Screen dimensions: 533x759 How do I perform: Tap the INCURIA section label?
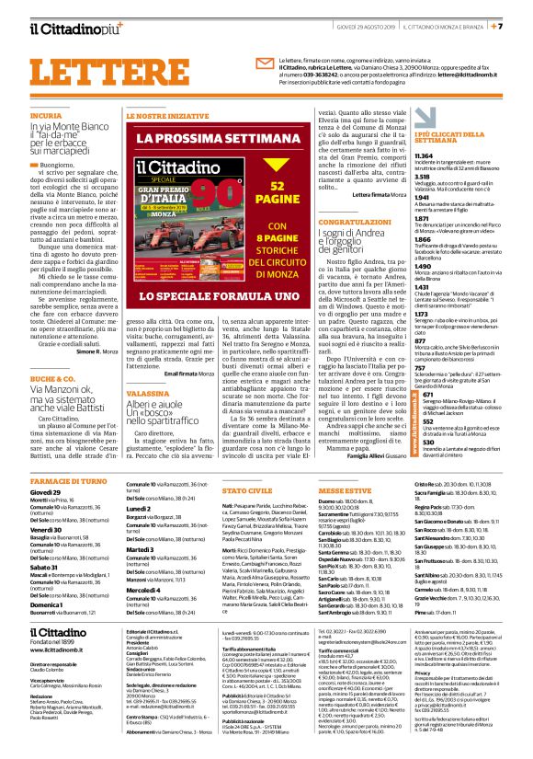45,117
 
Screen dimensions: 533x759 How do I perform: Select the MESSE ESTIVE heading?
346,492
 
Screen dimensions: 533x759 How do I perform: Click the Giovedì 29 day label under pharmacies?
46,493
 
